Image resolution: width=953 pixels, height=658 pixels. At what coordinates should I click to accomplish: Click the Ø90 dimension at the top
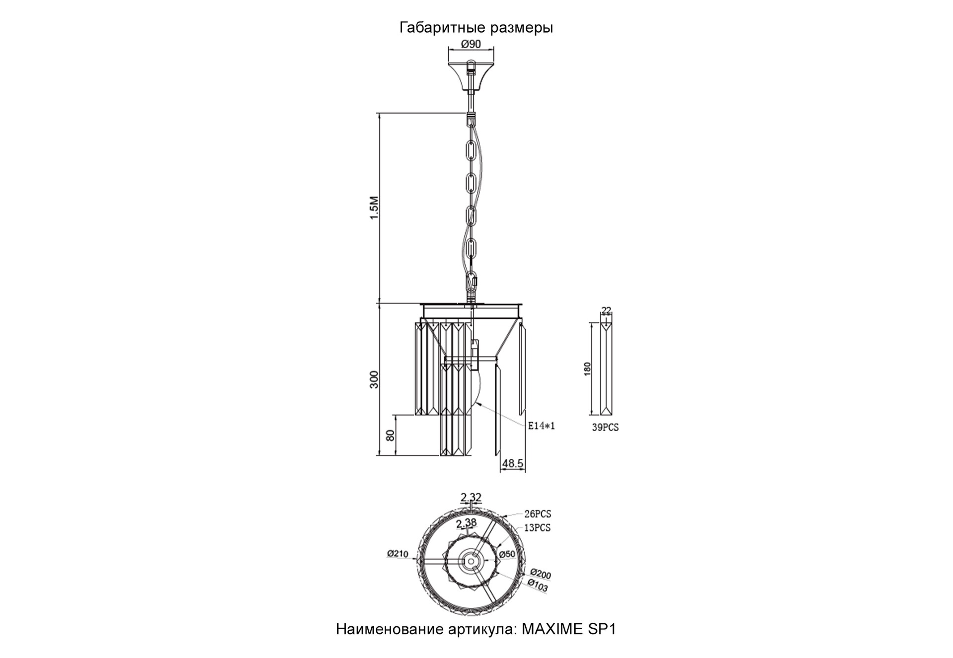[471, 44]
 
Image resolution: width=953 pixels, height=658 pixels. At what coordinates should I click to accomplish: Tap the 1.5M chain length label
[374, 208]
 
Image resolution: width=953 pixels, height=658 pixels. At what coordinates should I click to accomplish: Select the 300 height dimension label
[374, 379]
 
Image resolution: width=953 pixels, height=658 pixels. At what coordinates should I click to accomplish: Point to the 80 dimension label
[390, 436]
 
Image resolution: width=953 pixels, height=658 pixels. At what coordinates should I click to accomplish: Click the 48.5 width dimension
[513, 463]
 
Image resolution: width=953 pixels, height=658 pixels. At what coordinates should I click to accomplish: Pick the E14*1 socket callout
[541, 426]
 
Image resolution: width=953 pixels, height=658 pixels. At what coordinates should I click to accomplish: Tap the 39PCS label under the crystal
[605, 427]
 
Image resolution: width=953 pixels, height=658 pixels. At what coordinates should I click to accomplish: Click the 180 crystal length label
[588, 368]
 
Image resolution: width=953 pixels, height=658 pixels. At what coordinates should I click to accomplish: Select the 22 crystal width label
[606, 310]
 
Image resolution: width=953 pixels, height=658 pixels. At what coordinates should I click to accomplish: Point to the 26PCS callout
[538, 514]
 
